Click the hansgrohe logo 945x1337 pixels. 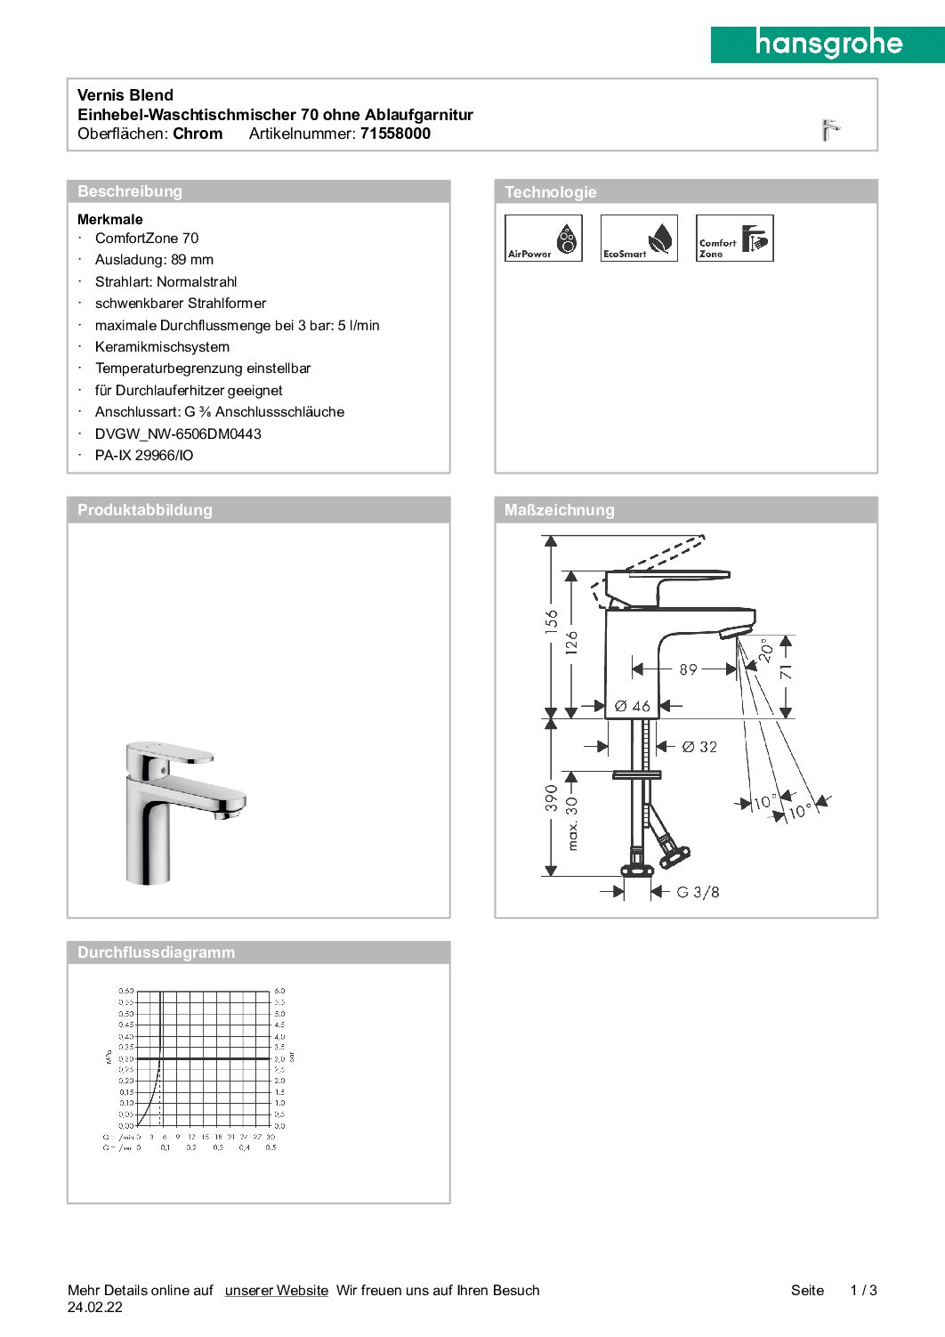[828, 44]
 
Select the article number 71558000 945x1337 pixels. [395, 134]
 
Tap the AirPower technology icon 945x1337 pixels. [543, 238]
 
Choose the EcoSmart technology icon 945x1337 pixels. [639, 238]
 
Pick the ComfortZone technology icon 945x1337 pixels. [734, 238]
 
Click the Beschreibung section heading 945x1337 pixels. [130, 191]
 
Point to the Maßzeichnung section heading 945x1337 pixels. [560, 510]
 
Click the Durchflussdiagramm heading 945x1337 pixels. [156, 952]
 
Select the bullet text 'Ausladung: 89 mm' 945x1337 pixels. [154, 260]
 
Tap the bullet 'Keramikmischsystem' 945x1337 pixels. [162, 347]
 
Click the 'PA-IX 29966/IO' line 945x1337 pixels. [144, 456]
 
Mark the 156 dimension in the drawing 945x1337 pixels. [552, 620]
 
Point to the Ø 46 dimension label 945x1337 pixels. [633, 706]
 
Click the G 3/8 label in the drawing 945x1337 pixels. [698, 892]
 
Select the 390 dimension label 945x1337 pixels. [552, 798]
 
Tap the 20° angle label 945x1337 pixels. [766, 651]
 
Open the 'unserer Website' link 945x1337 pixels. [276, 1291]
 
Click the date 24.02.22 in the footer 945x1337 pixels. [95, 1308]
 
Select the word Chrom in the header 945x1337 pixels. [198, 134]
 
